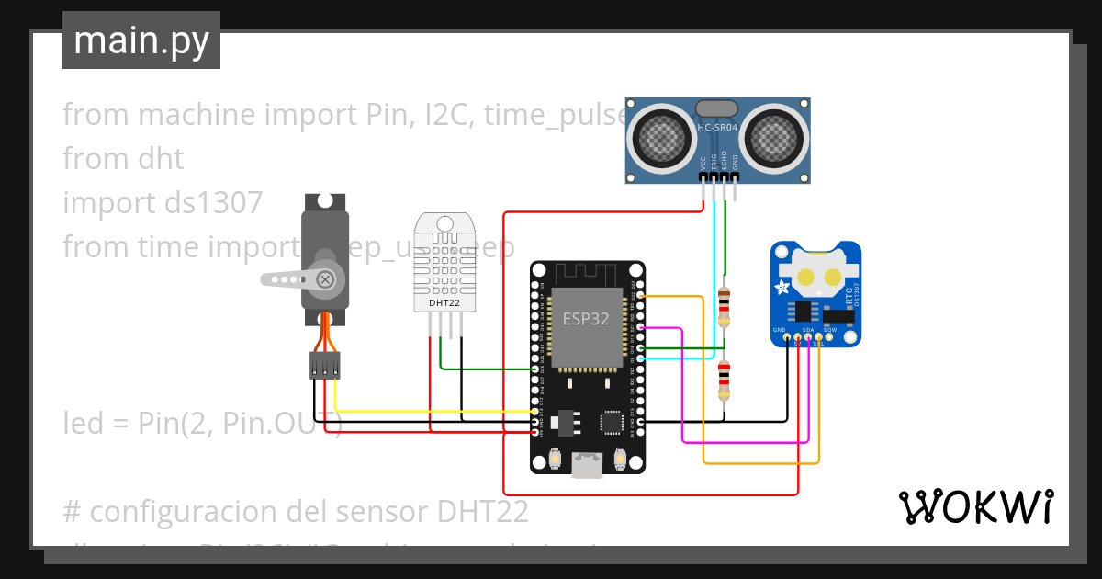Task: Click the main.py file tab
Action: [x=141, y=40]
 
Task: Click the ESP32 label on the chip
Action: [x=586, y=319]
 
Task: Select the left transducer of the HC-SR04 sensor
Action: [x=658, y=138]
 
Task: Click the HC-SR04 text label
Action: [x=717, y=128]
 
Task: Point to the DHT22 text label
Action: [x=445, y=302]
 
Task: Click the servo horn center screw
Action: [x=324, y=278]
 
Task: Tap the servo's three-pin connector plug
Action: [x=324, y=365]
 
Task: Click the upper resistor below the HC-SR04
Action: [x=724, y=305]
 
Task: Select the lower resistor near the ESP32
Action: [x=724, y=380]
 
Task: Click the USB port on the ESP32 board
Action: [x=586, y=465]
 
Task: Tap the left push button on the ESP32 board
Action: [x=554, y=459]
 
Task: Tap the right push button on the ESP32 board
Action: [x=619, y=459]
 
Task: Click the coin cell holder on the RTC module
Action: [x=815, y=273]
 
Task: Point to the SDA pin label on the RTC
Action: [x=808, y=329]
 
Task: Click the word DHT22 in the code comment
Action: [x=482, y=510]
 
